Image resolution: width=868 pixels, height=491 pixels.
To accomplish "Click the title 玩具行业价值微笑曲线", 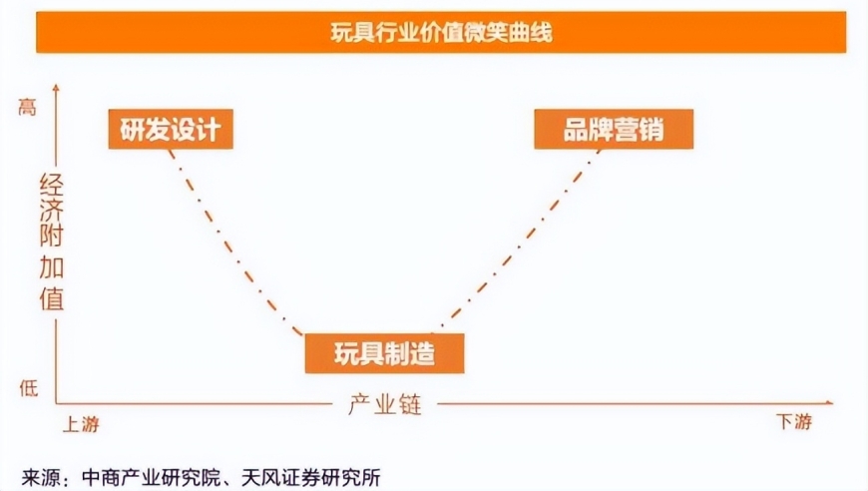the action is click(x=441, y=33).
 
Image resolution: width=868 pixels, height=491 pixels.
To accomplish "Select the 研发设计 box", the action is click(x=171, y=129).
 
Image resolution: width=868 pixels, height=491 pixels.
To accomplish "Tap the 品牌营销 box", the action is click(x=614, y=129).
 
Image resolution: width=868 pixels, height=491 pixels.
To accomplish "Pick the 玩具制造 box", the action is click(x=385, y=353).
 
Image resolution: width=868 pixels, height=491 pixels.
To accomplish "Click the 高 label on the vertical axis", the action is click(x=27, y=106).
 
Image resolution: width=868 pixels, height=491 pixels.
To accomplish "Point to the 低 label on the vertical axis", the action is click(x=29, y=388).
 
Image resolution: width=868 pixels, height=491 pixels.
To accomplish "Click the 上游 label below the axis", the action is click(x=82, y=424).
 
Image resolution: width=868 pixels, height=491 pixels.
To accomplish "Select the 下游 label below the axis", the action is click(x=794, y=422).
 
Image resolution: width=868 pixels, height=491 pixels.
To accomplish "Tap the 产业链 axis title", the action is click(x=385, y=404).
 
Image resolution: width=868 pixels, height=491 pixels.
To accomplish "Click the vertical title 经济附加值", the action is click(x=52, y=243).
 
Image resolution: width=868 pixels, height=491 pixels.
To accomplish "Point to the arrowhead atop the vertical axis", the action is click(x=55, y=87).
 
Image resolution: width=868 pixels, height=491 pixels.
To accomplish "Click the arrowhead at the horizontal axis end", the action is click(x=829, y=403).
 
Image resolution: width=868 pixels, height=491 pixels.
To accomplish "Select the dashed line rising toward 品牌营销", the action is click(x=517, y=240).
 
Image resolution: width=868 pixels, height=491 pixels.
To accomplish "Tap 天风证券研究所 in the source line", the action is click(x=311, y=478).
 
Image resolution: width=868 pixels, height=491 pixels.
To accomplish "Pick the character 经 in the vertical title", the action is click(x=52, y=186).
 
